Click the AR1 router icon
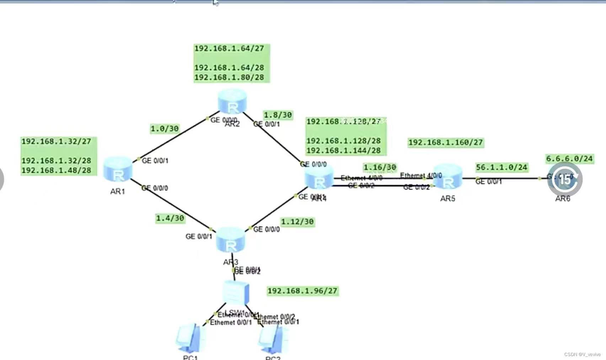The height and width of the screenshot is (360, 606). [118, 169]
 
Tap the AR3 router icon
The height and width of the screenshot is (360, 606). [230, 240]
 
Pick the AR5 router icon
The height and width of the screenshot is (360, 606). [447, 177]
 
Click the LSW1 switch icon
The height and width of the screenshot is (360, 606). [236, 292]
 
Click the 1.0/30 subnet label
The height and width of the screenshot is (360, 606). [165, 129]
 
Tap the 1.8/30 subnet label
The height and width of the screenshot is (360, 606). [278, 115]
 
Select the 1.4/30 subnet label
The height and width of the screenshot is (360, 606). [170, 218]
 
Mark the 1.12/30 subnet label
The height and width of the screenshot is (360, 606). [297, 222]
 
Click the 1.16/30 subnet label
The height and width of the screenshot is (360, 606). [380, 167]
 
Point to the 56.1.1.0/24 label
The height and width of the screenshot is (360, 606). [502, 167]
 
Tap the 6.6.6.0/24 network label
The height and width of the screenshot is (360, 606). [569, 158]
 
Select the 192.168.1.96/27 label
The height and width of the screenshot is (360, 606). [302, 291]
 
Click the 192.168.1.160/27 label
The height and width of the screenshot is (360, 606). [445, 143]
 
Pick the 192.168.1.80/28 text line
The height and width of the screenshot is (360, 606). [229, 77]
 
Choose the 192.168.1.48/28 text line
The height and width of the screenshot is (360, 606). [57, 171]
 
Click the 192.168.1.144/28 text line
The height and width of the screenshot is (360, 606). [343, 151]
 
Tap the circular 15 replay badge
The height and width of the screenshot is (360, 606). [565, 179]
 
